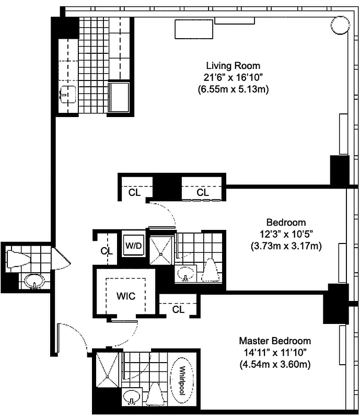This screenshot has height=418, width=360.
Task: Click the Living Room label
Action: pyautogui.click(x=233, y=66)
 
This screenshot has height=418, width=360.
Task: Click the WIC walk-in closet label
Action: pyautogui.click(x=125, y=296)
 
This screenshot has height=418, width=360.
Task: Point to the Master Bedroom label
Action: pyautogui.click(x=275, y=341)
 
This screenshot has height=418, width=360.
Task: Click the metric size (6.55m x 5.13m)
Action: pyautogui.click(x=233, y=89)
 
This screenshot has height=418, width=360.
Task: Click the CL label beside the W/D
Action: pyautogui.click(x=107, y=251)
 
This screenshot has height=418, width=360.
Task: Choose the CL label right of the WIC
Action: pyautogui.click(x=178, y=309)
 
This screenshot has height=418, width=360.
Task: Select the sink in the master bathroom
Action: pyautogui.click(x=131, y=397)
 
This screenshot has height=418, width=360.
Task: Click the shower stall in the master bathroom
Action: pyautogui.click(x=107, y=370)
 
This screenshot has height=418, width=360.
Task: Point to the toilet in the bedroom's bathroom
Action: pyautogui.click(x=210, y=271)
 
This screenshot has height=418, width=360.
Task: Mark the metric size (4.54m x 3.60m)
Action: pyautogui.click(x=275, y=364)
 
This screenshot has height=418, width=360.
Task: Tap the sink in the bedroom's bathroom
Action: pyautogui.click(x=184, y=273)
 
